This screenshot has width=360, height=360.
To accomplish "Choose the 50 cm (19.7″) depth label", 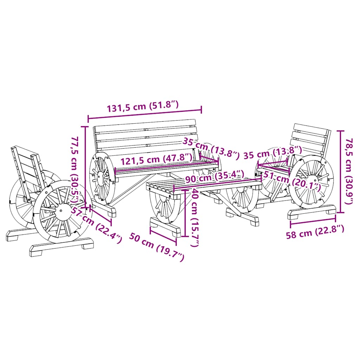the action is pos(157,247).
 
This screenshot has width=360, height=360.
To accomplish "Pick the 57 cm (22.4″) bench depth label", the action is pos(96,225).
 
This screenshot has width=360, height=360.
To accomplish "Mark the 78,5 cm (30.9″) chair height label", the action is pos(349,171).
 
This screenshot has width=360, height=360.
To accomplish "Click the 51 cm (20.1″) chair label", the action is pos(292,180).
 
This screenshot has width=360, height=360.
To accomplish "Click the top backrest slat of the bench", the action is pos(144,126).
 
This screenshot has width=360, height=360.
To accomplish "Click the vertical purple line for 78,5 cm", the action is pos(340,172).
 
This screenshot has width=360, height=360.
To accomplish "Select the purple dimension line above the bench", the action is pos(145,114).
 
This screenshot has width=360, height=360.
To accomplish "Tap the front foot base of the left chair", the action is pos(62,246).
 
